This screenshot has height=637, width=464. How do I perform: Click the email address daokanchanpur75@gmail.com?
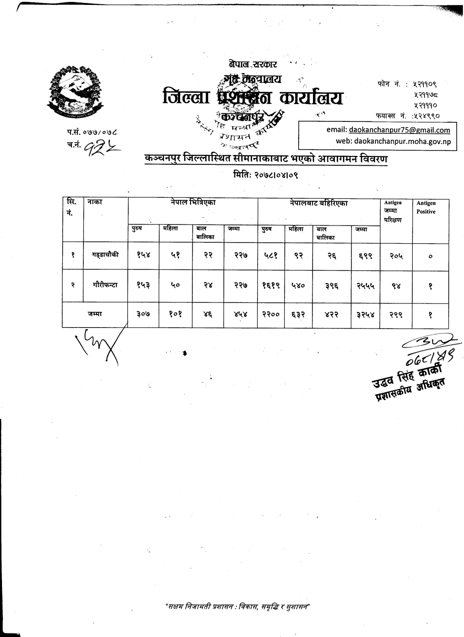point(399,130)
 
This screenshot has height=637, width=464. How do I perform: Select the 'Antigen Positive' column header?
point(425,207)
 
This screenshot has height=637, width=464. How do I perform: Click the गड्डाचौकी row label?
point(105,255)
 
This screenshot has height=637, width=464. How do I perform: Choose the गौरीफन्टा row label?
point(105,285)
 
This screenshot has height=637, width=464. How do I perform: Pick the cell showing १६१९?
point(271,285)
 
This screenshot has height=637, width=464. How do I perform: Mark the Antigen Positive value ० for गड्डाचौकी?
point(430,256)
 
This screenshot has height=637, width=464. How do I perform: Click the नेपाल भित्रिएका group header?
point(193,203)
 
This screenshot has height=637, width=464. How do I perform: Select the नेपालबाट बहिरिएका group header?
point(318,203)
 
